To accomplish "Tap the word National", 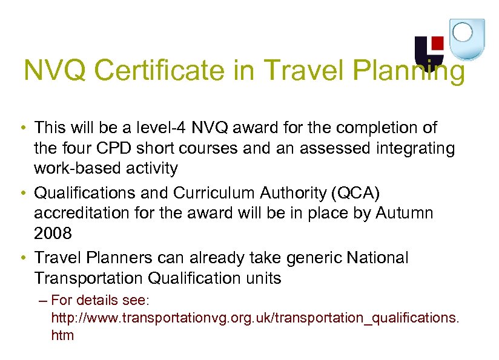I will pyautogui.click(x=378, y=258).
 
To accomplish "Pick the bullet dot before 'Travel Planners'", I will pyautogui.click(x=22, y=258).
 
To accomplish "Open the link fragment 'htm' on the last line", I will pyautogui.click(x=62, y=335).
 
